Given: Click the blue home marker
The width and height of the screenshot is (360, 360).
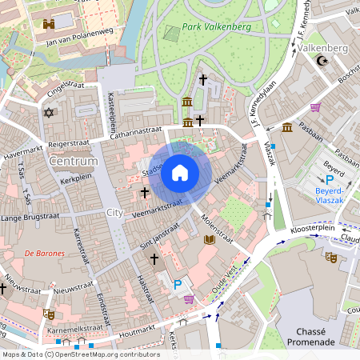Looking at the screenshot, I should click(x=180, y=173).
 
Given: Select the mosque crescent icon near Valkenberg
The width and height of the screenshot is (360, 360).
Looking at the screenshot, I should click(x=323, y=61).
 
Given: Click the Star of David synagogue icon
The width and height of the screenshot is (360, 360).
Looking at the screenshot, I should click(x=50, y=114).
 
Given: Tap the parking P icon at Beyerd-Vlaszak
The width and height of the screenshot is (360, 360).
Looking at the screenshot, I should click(x=329, y=181).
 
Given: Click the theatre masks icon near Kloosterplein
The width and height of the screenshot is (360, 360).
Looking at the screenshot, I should click(x=329, y=257).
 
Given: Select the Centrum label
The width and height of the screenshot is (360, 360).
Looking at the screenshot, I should click(x=73, y=162).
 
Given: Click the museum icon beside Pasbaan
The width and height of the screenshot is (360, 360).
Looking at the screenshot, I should click(x=286, y=127).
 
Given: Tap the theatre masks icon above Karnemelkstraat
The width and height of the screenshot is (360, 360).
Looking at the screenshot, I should click(x=50, y=314).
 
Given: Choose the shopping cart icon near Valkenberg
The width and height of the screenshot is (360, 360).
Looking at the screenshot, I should click(x=316, y=107).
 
